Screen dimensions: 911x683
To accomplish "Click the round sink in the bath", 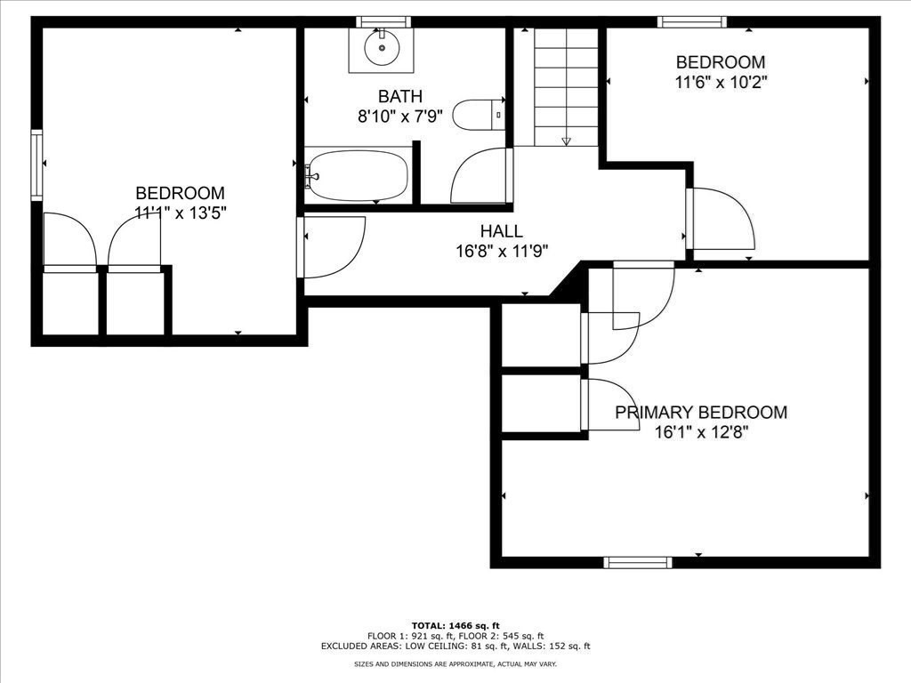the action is click(382, 48).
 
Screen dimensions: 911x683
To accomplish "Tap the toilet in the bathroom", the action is click(478, 115).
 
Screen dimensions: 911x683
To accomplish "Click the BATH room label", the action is click(400, 96).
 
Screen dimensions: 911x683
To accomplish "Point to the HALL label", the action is click(502, 231).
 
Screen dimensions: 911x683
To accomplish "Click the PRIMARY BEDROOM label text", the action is click(701, 413).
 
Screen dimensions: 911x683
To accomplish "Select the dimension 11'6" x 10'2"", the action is click(721, 82).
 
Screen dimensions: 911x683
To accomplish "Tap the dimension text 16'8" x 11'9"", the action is click(502, 251).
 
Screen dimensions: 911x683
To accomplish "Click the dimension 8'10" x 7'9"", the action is click(400, 117).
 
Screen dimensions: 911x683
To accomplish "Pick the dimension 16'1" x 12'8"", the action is click(701, 433).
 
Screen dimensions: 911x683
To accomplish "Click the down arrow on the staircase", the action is click(567, 141).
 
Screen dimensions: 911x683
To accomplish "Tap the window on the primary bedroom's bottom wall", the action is click(638, 562).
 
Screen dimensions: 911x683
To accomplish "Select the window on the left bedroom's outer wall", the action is click(36, 165).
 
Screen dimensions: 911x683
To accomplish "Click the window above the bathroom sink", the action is click(383, 22).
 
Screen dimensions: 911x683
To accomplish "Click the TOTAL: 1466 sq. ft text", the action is click(455, 625).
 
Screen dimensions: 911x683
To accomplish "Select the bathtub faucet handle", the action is click(312, 175).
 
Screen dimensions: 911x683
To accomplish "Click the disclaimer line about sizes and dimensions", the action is click(455, 663).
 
